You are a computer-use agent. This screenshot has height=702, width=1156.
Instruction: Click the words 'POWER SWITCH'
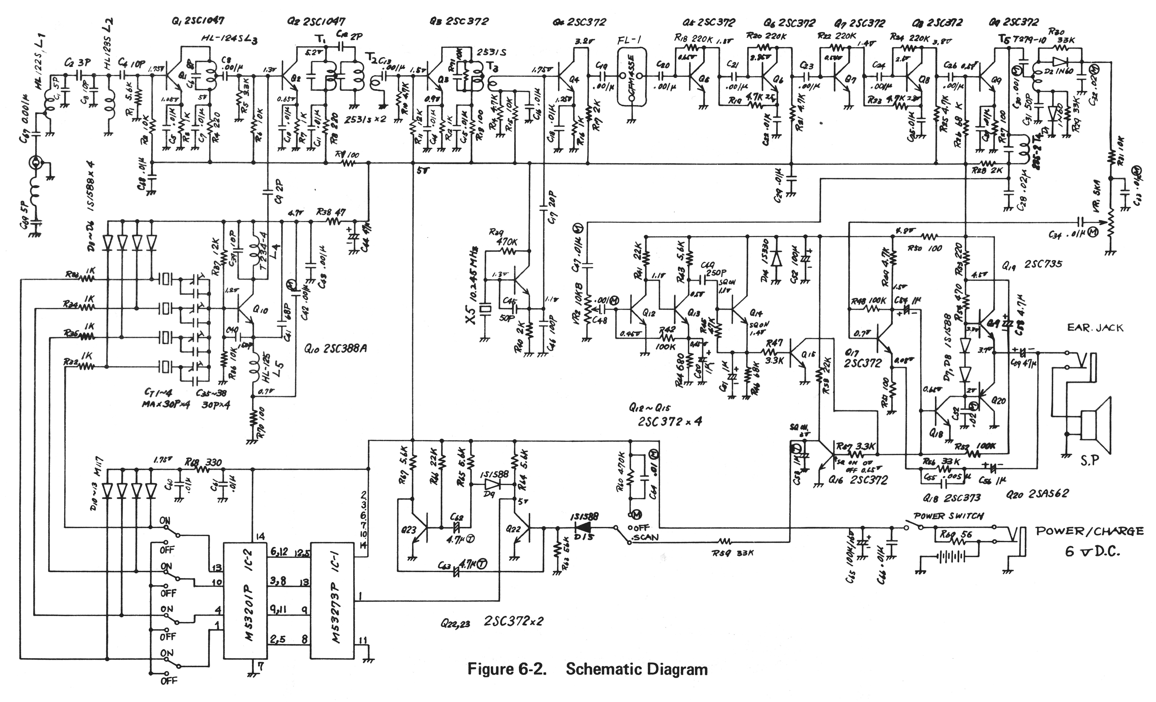click(948, 516)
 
